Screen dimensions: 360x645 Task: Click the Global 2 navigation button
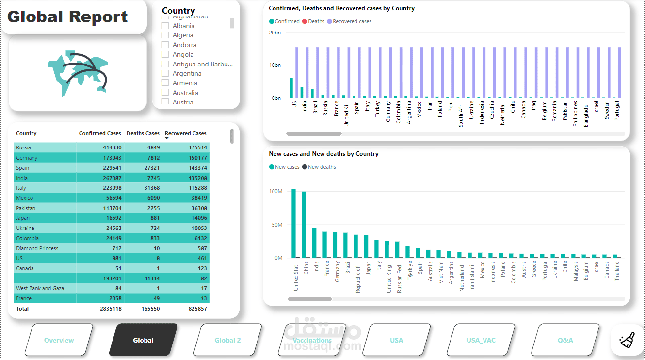[x=227, y=340]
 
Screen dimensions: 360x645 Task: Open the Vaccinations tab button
[x=312, y=340]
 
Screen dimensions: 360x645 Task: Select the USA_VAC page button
[x=481, y=340]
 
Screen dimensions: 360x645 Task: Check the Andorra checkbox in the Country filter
[x=165, y=45]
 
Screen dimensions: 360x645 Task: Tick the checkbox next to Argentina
[x=165, y=74]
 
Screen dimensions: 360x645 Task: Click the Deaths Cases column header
[x=143, y=133]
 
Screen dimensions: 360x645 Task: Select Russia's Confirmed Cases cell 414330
[x=112, y=147]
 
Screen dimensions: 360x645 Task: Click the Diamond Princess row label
[x=37, y=248]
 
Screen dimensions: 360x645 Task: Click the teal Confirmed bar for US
[x=291, y=88]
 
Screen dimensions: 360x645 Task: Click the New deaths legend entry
[x=322, y=167]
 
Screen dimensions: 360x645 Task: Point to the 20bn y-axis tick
[x=274, y=33]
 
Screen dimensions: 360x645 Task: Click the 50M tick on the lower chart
[x=275, y=225]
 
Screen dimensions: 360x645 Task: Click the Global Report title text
[x=67, y=17]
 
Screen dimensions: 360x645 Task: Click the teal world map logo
[x=78, y=71]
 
